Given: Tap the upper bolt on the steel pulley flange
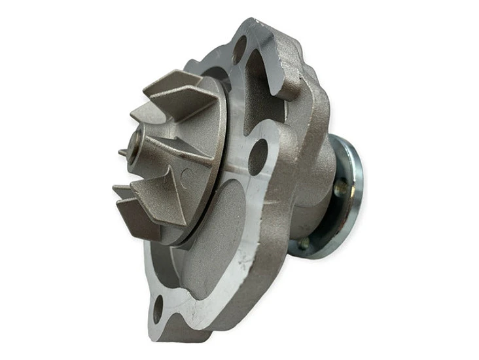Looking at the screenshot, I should pos(338,189).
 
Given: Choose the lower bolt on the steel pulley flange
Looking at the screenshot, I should pos(305,243).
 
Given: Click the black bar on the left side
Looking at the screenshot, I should pos(49,180).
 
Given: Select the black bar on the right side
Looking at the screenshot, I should pos(430,180).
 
